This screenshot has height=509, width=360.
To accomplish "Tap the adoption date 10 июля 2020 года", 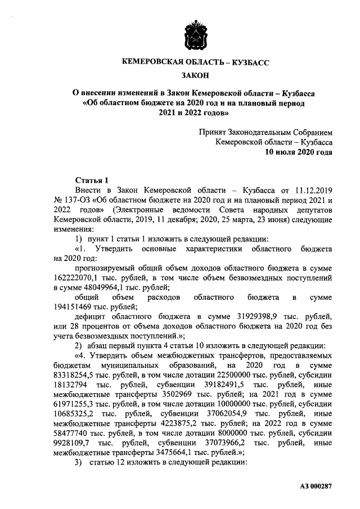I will tap(299, 152).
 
